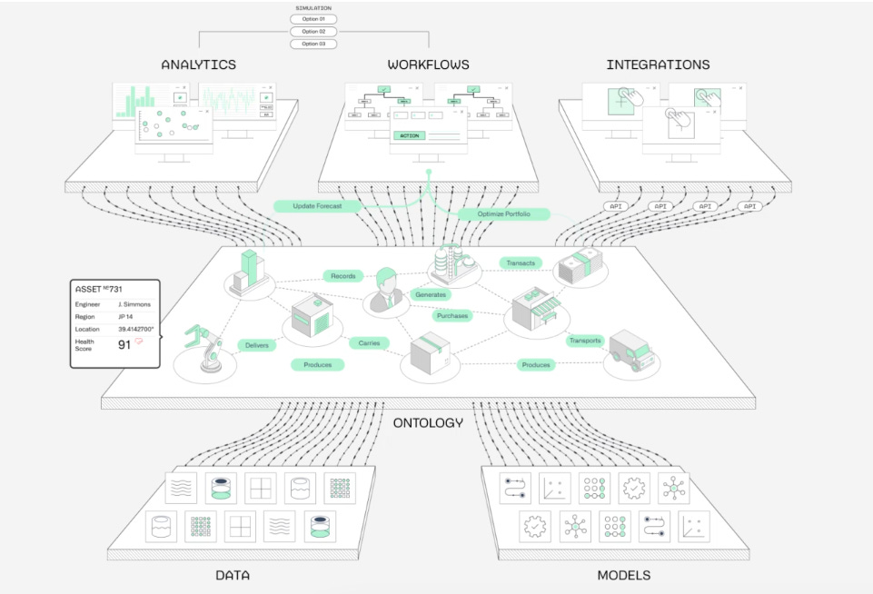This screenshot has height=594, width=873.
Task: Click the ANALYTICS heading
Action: tap(198, 64)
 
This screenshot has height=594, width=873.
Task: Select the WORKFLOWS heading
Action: tap(429, 64)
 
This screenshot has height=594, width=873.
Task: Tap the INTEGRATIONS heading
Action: tap(658, 64)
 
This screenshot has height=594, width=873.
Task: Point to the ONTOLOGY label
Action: tap(428, 422)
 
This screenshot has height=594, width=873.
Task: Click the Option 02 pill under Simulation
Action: tap(313, 31)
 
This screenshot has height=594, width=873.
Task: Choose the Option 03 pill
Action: tap(313, 44)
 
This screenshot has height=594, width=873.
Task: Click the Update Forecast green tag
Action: tap(317, 206)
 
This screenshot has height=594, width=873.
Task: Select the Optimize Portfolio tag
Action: tap(504, 214)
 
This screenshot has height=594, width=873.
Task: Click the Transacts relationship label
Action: tap(521, 262)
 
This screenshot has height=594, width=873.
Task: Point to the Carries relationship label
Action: tap(368, 343)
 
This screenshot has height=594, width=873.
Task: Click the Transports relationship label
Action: tap(585, 341)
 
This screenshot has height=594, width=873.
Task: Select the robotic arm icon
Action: tap(204, 347)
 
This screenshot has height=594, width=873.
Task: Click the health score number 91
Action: tap(124, 344)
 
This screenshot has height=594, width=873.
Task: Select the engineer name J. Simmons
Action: tap(134, 304)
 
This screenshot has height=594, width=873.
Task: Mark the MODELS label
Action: tap(623, 575)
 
